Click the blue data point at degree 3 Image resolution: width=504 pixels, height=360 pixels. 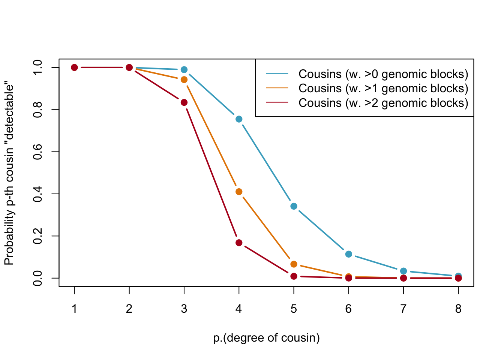[184, 70]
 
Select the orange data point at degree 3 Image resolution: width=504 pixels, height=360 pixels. [184, 79]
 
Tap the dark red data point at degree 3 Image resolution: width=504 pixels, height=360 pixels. [184, 102]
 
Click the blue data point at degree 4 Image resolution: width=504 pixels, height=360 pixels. [239, 119]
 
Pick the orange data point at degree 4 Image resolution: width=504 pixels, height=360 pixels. [239, 192]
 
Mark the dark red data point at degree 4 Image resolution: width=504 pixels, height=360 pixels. [239, 243]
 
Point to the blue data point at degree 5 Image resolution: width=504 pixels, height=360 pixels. [294, 206]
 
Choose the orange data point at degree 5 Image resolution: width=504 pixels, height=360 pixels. [294, 264]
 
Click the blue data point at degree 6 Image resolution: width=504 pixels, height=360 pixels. [348, 254]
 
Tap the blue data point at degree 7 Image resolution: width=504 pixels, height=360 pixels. [403, 271]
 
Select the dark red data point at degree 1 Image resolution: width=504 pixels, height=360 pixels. [74, 67]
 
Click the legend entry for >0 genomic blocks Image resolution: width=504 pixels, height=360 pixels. [383, 74]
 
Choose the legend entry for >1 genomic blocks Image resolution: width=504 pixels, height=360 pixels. [383, 88]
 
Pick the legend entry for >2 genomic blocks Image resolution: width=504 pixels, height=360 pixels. [383, 103]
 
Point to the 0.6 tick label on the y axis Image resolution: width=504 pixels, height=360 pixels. [37, 152]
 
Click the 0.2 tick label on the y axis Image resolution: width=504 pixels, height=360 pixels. [37, 236]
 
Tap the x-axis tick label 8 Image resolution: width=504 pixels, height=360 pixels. [458, 309]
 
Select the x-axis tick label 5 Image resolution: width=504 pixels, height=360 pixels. [294, 309]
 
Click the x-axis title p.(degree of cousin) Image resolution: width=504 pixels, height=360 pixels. [266, 338]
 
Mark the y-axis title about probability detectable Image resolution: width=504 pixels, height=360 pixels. [9, 174]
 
